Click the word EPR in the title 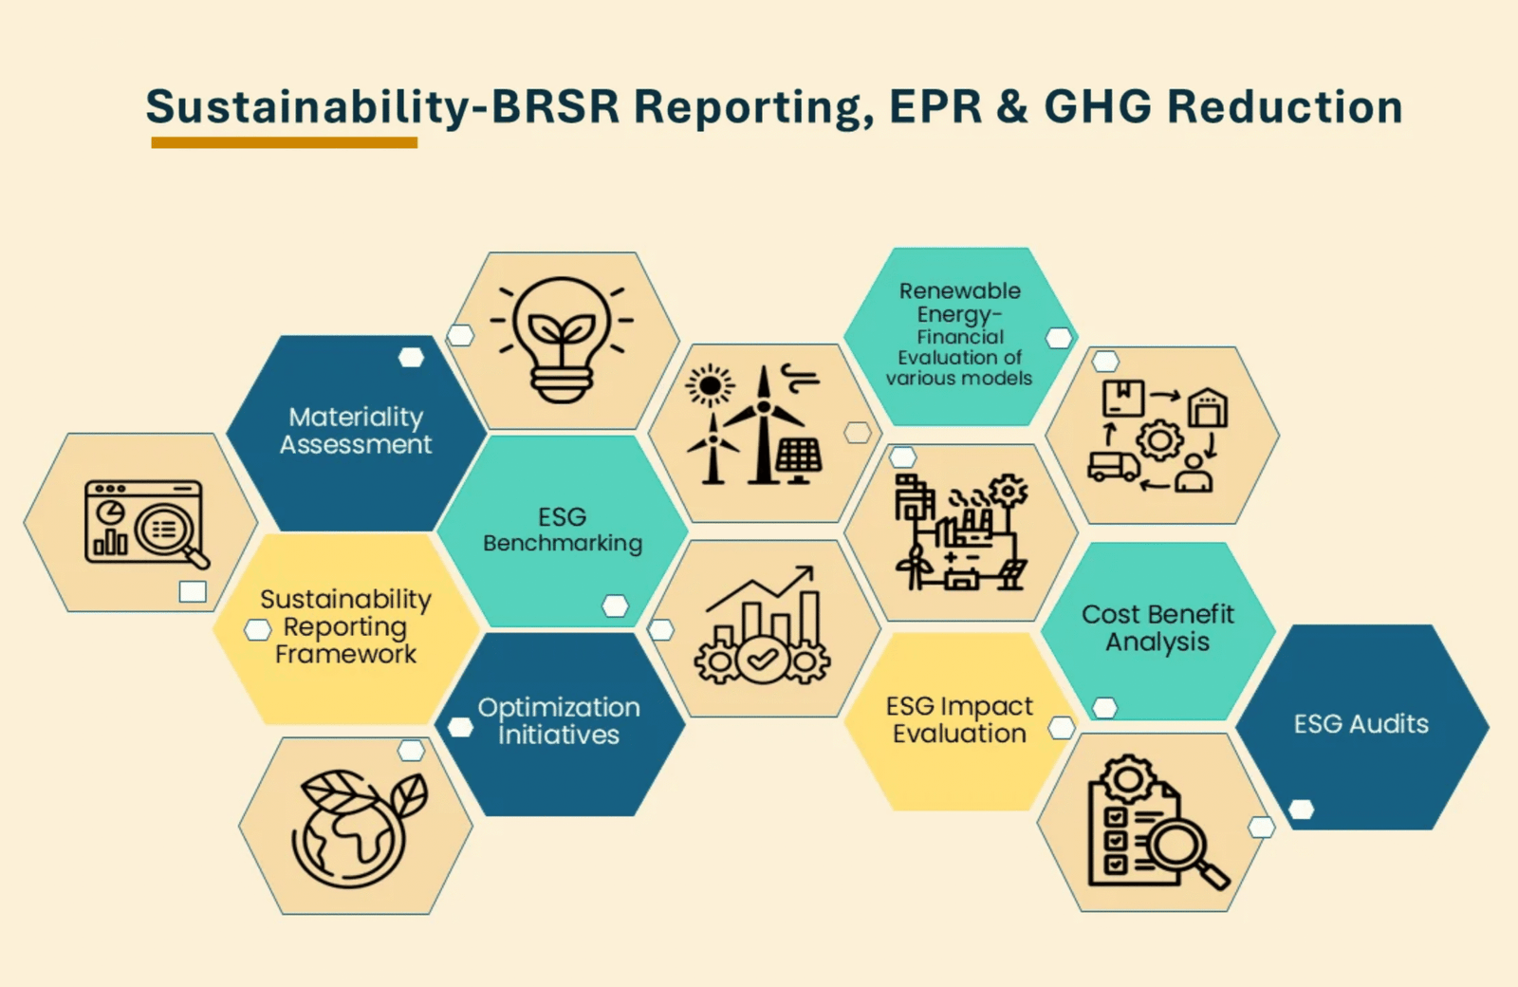(935, 106)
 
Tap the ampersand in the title (1012, 106)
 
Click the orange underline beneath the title (284, 142)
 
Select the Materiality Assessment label (356, 431)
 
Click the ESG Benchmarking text (563, 530)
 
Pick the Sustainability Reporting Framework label (345, 626)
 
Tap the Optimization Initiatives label (559, 720)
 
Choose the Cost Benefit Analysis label (1157, 627)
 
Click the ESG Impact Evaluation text (959, 719)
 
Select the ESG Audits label (1361, 724)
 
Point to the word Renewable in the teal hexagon (959, 290)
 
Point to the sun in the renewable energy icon (710, 385)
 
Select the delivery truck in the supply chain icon (1114, 466)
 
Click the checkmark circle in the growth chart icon (762, 659)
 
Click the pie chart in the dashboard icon (110, 513)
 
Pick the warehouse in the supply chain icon (1208, 407)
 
